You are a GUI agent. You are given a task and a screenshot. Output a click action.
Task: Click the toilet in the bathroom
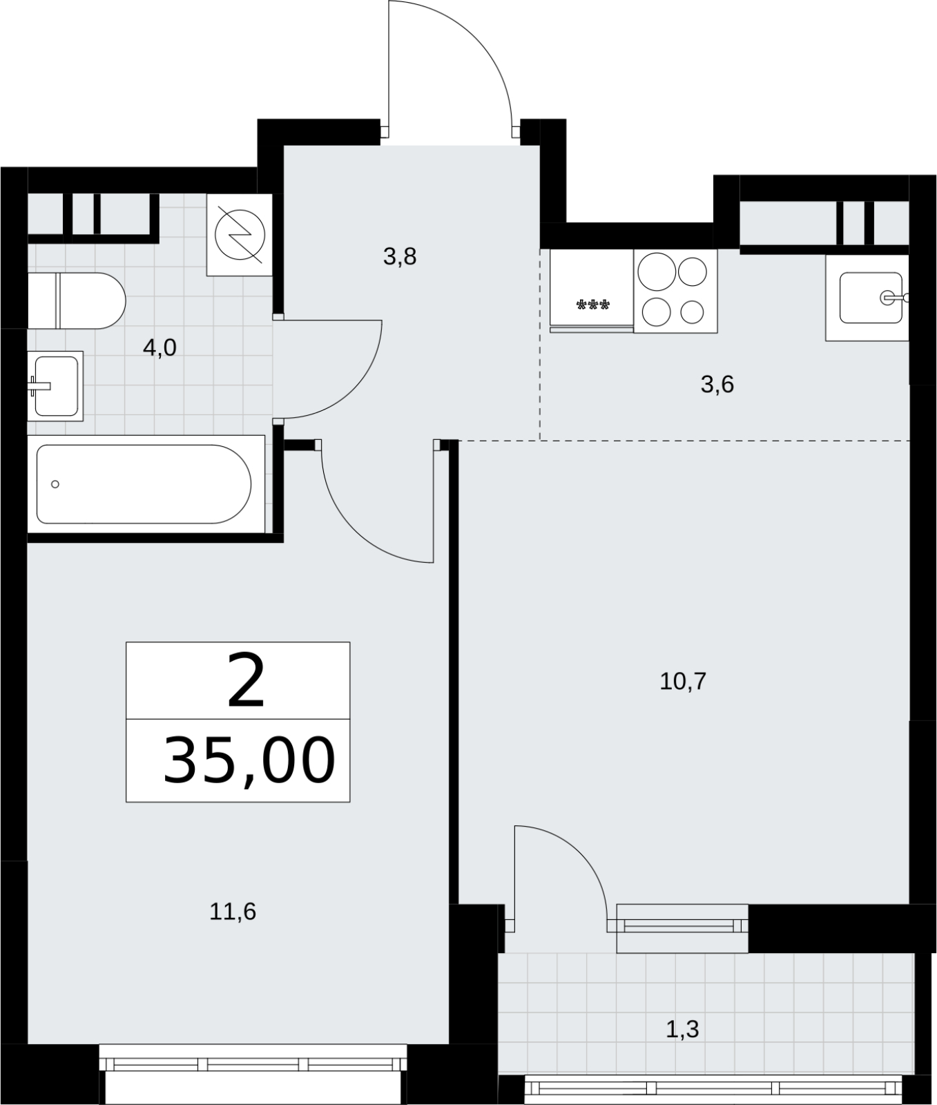tap(77, 300)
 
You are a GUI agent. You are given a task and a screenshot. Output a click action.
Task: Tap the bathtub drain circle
tap(55, 484)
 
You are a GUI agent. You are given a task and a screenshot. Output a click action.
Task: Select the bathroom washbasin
tap(55, 386)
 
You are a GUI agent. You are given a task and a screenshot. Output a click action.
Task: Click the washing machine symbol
tap(240, 235)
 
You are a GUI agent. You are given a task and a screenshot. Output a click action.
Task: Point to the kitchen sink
tap(867, 298)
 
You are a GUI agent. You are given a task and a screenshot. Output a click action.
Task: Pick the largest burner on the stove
tap(656, 271)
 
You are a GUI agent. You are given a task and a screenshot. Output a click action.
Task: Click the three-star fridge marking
tap(593, 305)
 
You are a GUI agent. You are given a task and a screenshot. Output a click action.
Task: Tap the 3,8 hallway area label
tap(400, 258)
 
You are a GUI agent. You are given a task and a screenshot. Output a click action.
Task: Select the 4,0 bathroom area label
tap(160, 348)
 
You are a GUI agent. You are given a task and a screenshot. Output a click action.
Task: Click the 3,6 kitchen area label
tap(717, 385)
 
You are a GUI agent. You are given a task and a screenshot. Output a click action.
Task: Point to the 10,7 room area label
tap(683, 682)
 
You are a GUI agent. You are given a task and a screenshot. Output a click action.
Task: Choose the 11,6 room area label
tap(233, 912)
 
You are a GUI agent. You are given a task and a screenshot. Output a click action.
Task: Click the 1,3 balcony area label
tap(683, 1030)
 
